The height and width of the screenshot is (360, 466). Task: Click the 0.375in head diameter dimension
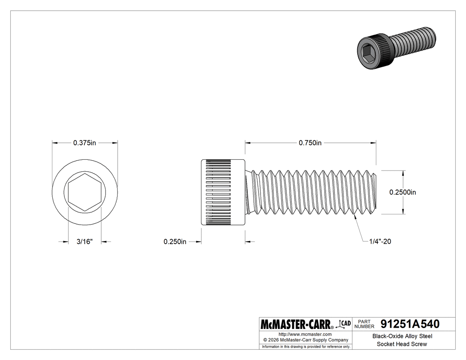pos(85,143)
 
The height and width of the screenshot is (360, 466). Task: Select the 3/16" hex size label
pos(84,241)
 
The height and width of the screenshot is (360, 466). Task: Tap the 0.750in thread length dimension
pos(310,143)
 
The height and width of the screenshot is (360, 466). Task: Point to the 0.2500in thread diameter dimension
pos(403,192)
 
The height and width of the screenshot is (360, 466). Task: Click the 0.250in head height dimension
pos(175,241)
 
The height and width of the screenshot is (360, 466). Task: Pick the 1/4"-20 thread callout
pos(379,241)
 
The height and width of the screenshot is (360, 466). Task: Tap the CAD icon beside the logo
pos(344,323)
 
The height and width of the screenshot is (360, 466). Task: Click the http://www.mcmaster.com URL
pos(305,334)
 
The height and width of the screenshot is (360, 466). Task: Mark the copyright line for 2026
pos(305,340)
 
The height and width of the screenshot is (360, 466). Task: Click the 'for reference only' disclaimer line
pos(306,346)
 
